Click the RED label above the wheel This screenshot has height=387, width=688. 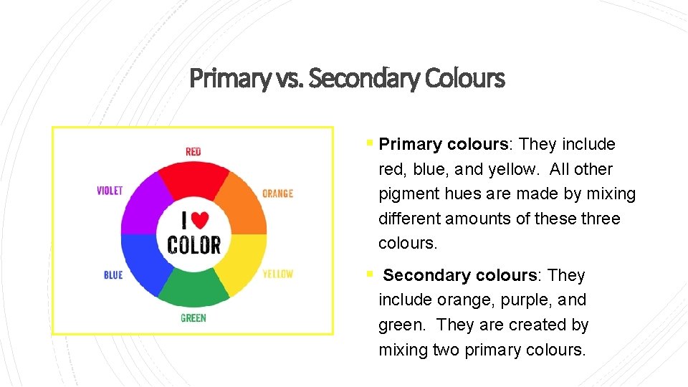193,151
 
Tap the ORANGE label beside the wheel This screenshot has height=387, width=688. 277,193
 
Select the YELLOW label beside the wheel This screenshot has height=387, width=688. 277,274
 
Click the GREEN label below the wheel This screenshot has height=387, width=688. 193,317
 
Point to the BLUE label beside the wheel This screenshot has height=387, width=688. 113,274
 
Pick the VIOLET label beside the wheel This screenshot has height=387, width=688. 110,191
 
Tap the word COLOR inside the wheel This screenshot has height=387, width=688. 193,244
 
